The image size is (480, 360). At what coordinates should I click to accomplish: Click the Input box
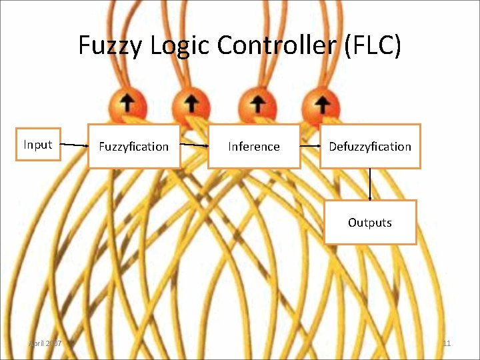click(38, 145)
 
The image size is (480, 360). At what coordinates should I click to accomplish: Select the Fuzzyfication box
click(134, 146)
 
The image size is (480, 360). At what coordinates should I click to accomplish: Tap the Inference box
click(254, 146)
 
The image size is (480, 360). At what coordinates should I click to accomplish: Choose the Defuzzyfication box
click(370, 146)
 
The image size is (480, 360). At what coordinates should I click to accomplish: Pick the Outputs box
click(370, 222)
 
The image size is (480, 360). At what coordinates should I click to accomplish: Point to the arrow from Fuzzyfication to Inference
click(194, 145)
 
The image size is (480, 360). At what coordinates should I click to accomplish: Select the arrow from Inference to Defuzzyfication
click(309, 146)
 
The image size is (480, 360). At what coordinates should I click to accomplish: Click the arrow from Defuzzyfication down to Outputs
click(370, 184)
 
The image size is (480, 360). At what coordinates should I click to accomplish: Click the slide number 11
click(447, 343)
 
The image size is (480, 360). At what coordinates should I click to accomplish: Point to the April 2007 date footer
click(45, 343)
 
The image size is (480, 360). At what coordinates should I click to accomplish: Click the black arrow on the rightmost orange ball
click(321, 103)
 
